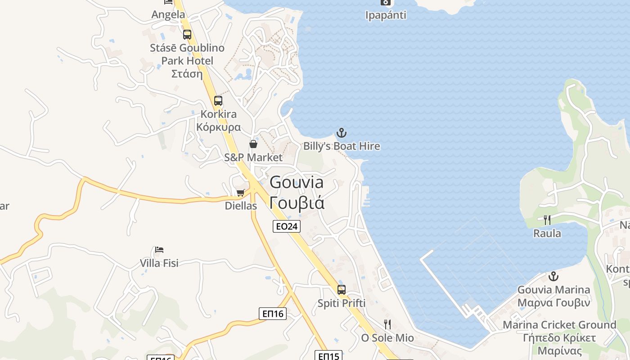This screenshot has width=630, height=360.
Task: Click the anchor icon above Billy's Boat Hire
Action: click(342, 133)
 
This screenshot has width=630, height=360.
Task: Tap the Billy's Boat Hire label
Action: click(342, 146)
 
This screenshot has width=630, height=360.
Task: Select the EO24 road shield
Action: click(287, 226)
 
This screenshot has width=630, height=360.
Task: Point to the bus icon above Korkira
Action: click(218, 101)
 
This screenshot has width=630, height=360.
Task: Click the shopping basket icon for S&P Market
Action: click(253, 144)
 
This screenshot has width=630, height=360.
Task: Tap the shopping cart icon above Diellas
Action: click(241, 193)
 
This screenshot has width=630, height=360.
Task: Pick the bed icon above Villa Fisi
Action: click(159, 249)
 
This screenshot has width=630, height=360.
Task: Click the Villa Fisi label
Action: click(159, 263)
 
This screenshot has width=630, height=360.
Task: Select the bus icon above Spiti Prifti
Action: click(342, 290)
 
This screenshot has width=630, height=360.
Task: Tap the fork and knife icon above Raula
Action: click(547, 220)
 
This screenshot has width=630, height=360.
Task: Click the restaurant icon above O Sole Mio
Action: click(387, 324)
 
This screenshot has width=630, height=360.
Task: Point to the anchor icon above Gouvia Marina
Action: click(553, 276)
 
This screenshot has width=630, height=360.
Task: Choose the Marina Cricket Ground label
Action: click(559, 325)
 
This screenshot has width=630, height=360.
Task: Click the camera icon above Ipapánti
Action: click(385, 2)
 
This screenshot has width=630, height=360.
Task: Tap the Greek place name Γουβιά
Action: click(297, 203)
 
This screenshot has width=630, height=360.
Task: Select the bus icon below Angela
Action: click(187, 34)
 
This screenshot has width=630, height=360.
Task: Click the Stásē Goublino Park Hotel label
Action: click(187, 54)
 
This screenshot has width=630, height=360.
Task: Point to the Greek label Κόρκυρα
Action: click(218, 127)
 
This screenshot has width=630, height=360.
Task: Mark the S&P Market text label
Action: click(253, 157)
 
